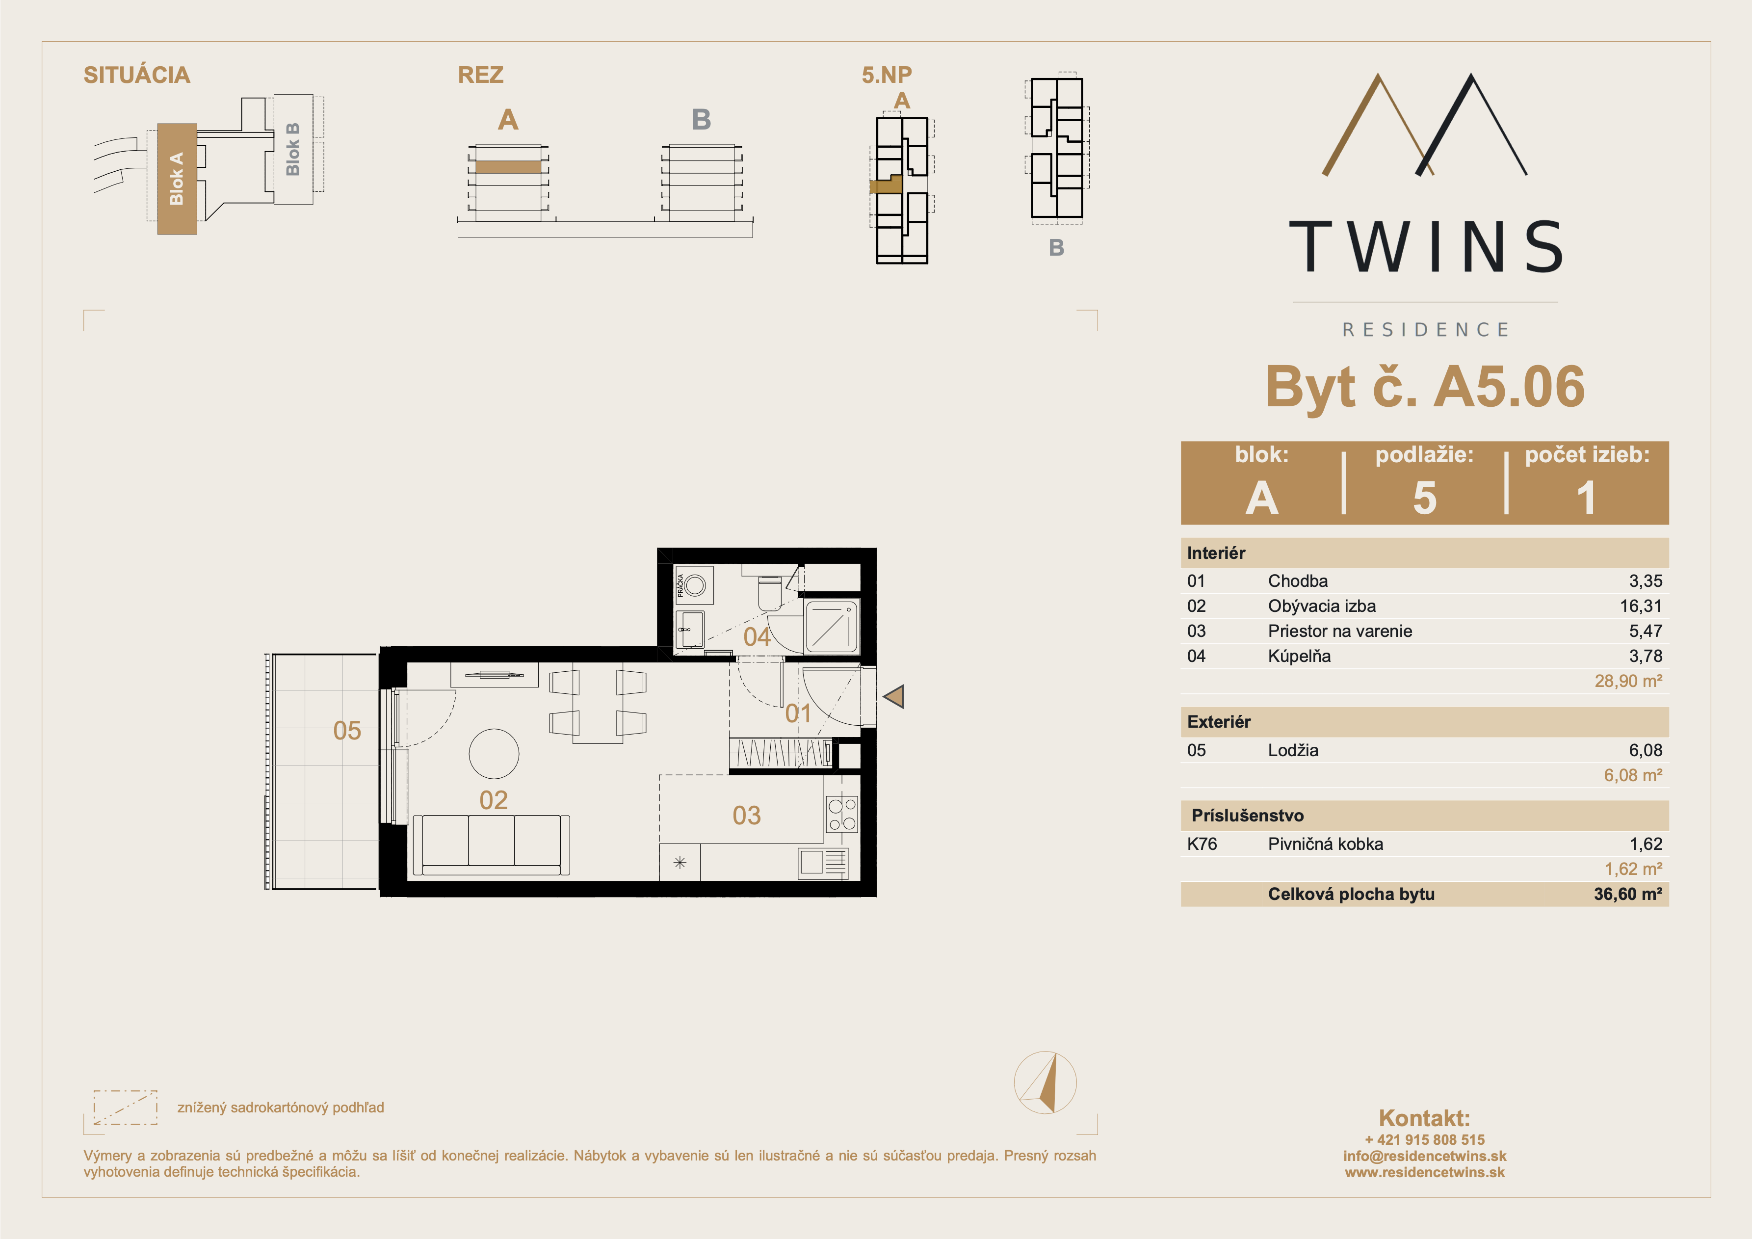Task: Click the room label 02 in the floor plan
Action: (493, 800)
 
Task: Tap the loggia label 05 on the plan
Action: (347, 731)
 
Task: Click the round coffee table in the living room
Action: (494, 754)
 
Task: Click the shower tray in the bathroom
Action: (831, 627)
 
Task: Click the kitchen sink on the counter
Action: (823, 863)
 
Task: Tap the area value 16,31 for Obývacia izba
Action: (1641, 606)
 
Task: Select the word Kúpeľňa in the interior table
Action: (1299, 656)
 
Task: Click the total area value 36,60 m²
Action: (1627, 894)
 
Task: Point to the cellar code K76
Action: (1202, 844)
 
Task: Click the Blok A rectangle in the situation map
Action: (177, 179)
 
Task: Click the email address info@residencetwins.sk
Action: (1425, 1156)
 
